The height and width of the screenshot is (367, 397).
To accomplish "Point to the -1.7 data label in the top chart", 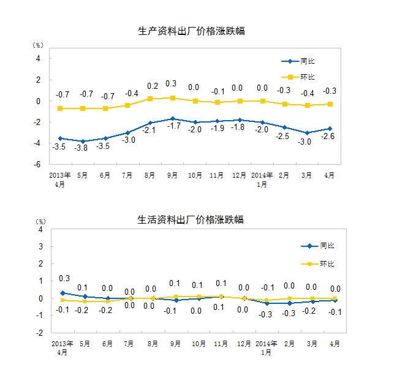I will [x=173, y=126].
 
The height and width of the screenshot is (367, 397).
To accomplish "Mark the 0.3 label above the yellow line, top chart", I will [x=172, y=84].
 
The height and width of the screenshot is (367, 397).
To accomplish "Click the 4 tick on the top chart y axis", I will [x=39, y=59].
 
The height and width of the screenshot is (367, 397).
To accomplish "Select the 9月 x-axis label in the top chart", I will [x=173, y=175].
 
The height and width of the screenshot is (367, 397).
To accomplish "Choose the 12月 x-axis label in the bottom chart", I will [x=243, y=343].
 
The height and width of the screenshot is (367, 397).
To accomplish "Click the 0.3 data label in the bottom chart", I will [x=64, y=279].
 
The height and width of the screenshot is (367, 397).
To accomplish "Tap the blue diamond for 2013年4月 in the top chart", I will [x=60, y=138].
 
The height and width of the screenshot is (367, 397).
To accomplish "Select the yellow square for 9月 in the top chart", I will [x=173, y=97].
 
